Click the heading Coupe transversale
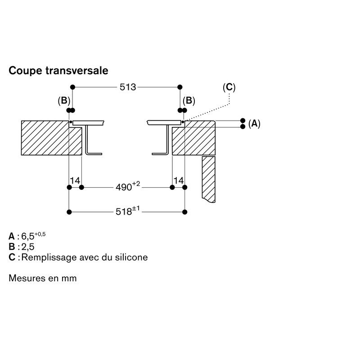pyautogui.click(x=58, y=71)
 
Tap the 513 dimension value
pyautogui.click(x=128, y=87)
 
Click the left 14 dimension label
pyautogui.click(x=75, y=180)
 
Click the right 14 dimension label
pyautogui.click(x=179, y=180)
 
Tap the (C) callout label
pyautogui.click(x=229, y=87)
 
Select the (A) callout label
pyautogui.click(x=254, y=123)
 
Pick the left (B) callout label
pyautogui.click(x=64, y=100)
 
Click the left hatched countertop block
pyautogui.click(x=45, y=137)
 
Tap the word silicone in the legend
pyautogui.click(x=130, y=257)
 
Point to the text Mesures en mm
pyautogui.click(x=43, y=278)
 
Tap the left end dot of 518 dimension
pyautogui.click(x=69, y=211)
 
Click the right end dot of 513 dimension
pyautogui.click(x=180, y=87)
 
